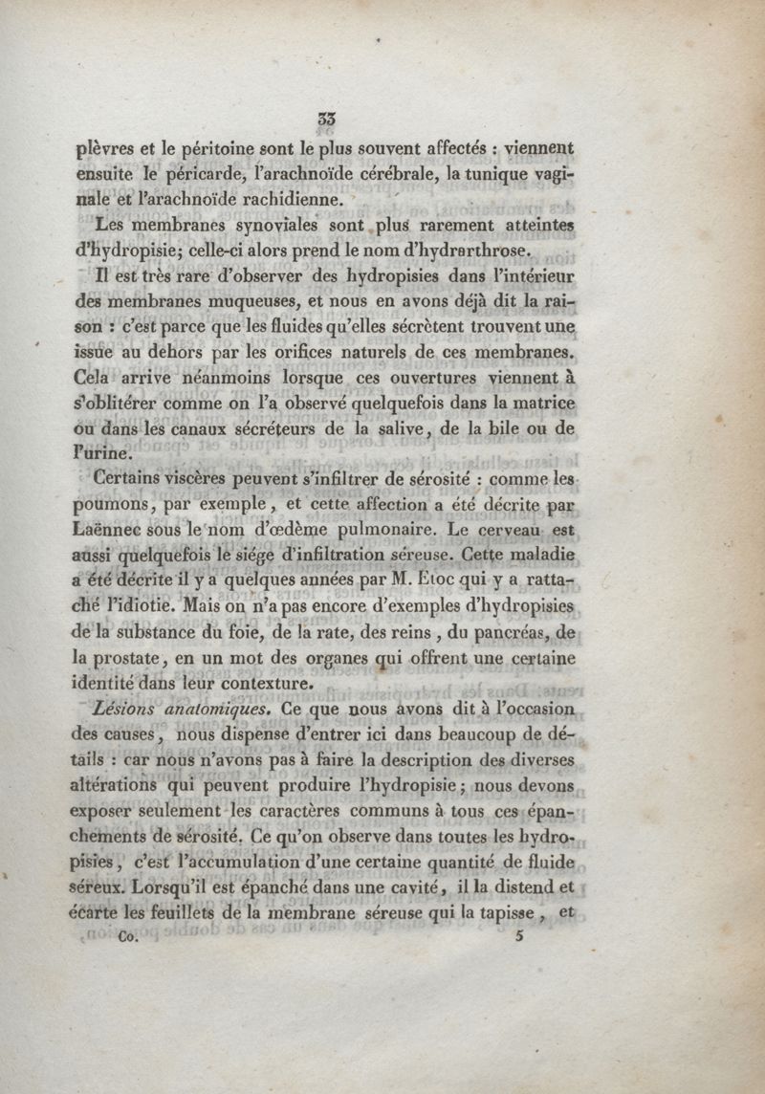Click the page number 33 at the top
(x=327, y=120)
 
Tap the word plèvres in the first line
(x=106, y=149)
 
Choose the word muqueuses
(x=272, y=302)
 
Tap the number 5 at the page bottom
(x=519, y=937)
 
